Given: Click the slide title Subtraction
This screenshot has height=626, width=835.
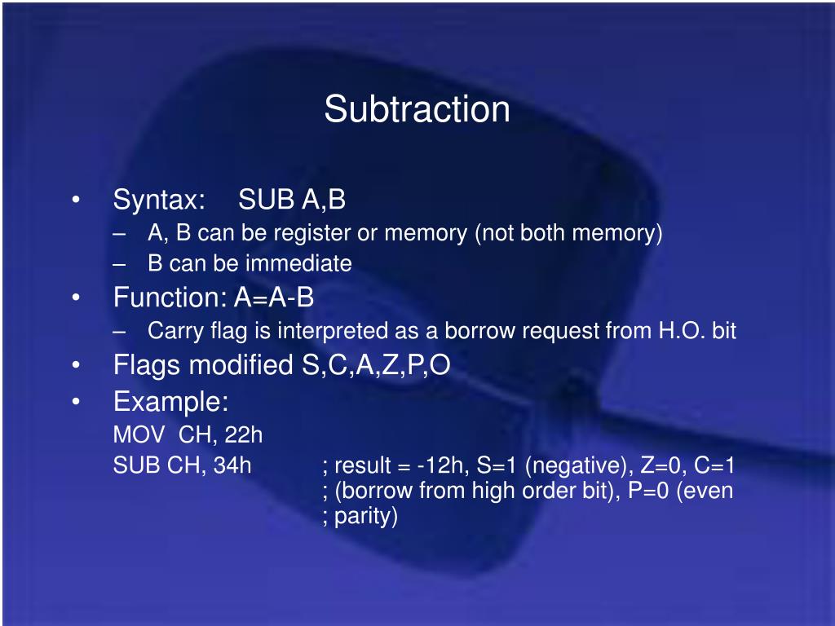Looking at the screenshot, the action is pos(417,109).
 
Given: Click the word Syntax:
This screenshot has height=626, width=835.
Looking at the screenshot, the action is pos(158,200).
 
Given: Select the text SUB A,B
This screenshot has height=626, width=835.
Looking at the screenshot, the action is pos(292,200).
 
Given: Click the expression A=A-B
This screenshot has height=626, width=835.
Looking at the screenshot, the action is pos(274,298).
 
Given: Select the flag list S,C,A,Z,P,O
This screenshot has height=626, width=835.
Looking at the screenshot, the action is pos(371,365).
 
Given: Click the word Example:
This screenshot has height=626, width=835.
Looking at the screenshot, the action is pos(170,401).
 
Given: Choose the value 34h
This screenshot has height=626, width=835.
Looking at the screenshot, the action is pos(232,465).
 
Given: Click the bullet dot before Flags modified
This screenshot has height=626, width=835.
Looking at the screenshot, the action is pos(76,366).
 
